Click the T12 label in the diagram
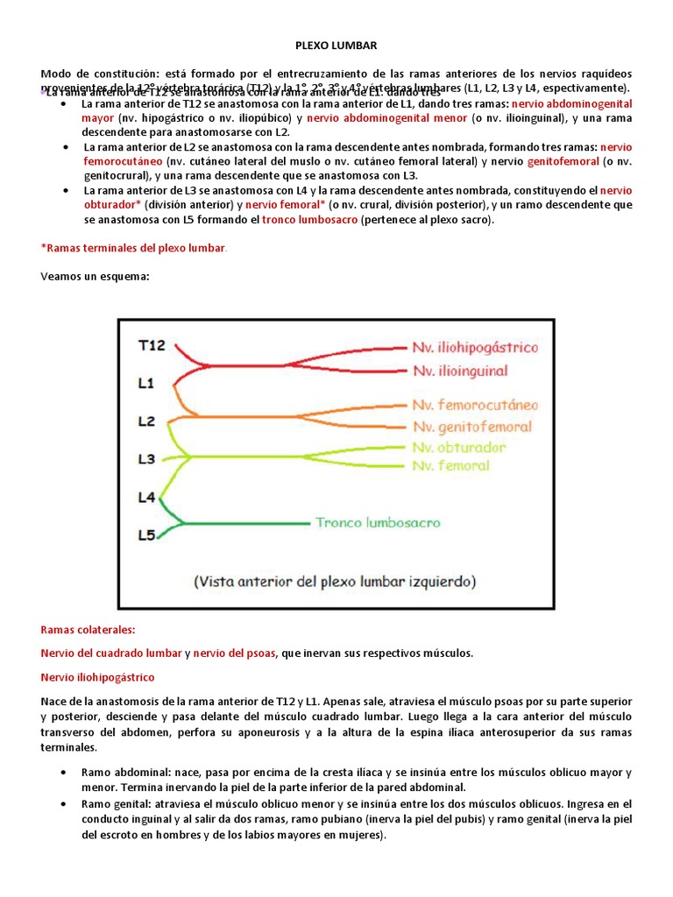pos(153,345)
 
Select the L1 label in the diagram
pos(147,383)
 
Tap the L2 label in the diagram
pos(147,420)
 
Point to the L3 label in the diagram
pos(147,458)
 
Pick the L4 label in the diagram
pos(147,497)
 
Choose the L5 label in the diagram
pos(147,533)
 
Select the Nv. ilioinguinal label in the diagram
pos(461,371)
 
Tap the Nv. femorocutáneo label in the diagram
pos(476,405)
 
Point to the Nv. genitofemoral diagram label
pos(472,427)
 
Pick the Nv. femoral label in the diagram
pos(452,466)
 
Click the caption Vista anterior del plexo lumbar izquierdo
pos(334,580)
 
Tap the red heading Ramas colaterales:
pos(89,629)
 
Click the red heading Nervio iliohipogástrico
pos(98,677)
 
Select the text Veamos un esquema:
pos(96,277)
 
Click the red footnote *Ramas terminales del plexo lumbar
pos(133,249)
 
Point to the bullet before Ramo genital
pos(66,803)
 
